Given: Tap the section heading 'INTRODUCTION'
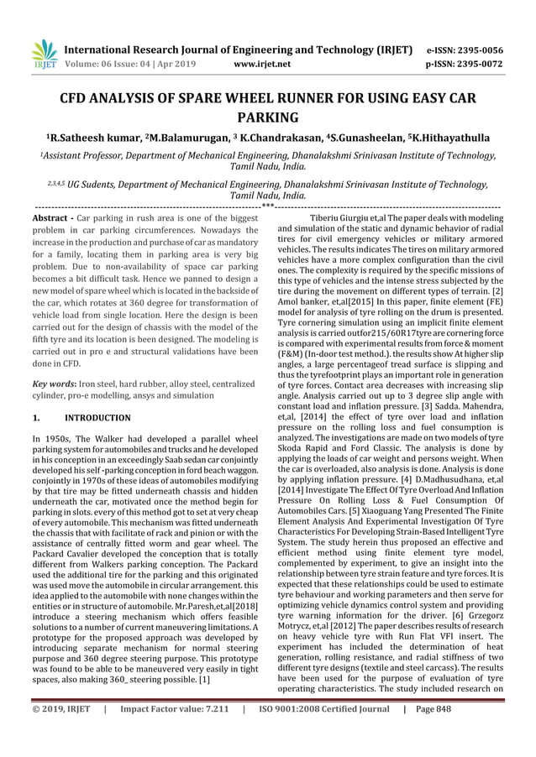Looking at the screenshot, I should point(98,417).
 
